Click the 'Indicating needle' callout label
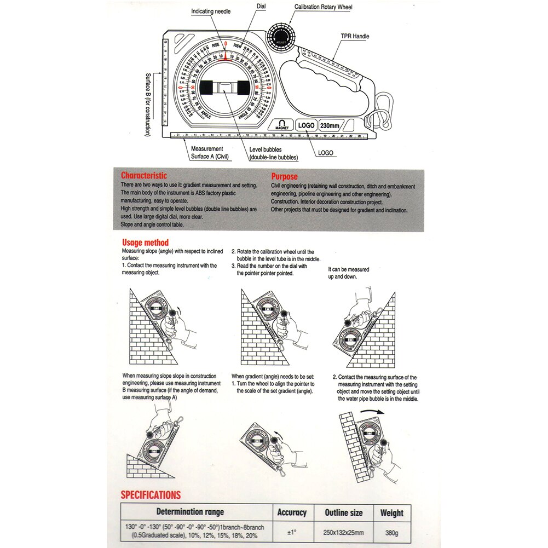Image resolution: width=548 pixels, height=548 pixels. pos(211,11)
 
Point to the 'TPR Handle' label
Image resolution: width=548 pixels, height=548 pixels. pos(355,36)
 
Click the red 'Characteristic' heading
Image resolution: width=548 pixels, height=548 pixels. pos(144,176)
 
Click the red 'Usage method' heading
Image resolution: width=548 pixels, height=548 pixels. pos(145,243)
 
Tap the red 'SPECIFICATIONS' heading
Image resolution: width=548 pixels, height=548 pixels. pos(151,495)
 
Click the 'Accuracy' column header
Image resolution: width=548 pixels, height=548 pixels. pos(292,512)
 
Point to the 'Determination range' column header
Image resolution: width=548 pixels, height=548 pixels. pos(191,512)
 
